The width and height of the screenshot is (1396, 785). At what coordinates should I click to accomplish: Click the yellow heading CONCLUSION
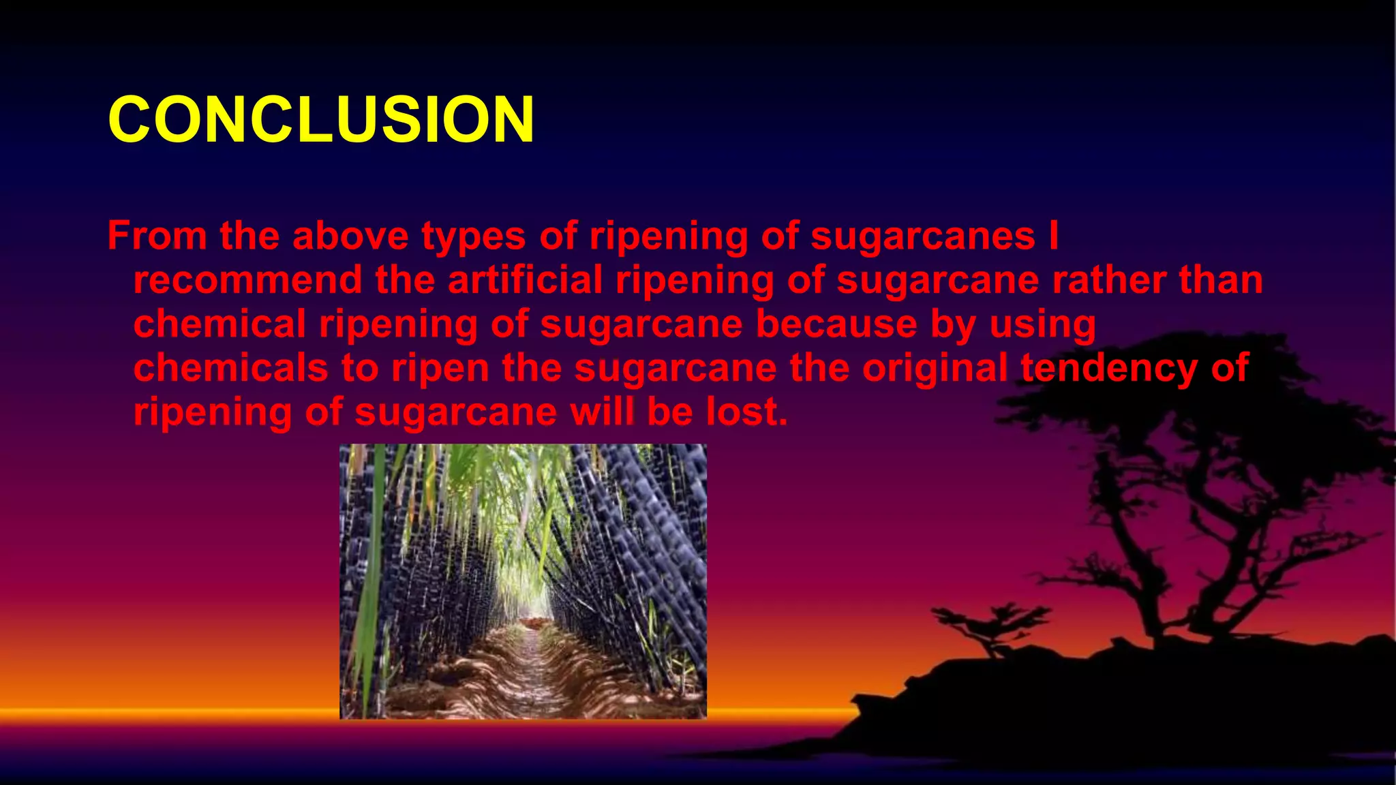pyautogui.click(x=321, y=119)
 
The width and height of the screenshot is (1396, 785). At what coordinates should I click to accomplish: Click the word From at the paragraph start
pyautogui.click(x=157, y=236)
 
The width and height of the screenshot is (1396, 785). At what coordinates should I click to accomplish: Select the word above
pyautogui.click(x=350, y=236)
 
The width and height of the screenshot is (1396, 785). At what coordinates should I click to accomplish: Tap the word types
pyautogui.click(x=474, y=237)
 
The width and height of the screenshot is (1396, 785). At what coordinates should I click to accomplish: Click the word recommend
pyautogui.click(x=247, y=280)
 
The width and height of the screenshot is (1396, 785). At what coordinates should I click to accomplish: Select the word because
pyautogui.click(x=836, y=324)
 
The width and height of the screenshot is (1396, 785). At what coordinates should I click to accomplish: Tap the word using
pyautogui.click(x=1043, y=325)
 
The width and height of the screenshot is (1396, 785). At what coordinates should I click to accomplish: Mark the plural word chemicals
pyautogui.click(x=231, y=368)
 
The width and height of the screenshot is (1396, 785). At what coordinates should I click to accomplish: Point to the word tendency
pyautogui.click(x=1109, y=368)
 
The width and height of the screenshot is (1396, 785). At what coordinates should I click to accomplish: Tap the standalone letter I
pyautogui.click(x=1054, y=236)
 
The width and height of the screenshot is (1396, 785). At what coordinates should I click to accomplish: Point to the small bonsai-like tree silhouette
pyautogui.click(x=988, y=624)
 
